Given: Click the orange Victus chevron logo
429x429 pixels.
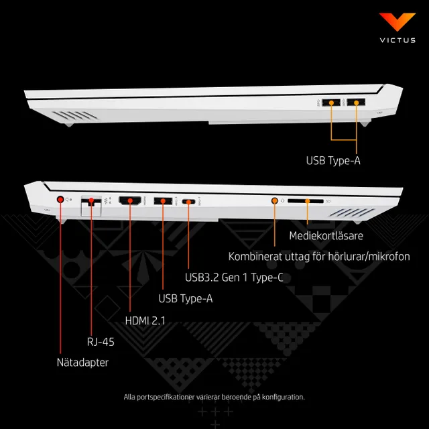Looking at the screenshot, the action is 397,21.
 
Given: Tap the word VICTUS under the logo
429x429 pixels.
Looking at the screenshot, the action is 397,40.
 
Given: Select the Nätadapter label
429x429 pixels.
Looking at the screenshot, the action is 82,362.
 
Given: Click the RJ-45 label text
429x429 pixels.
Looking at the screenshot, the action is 101,342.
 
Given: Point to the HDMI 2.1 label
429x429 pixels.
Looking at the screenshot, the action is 145,320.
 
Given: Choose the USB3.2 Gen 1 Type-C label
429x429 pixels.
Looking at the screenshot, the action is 234,278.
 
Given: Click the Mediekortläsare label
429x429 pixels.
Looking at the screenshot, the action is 326,235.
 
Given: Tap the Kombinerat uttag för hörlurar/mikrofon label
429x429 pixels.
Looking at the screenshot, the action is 319,257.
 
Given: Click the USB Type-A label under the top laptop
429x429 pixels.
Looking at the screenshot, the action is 333,161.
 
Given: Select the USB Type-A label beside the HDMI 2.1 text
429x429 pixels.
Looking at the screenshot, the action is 186,298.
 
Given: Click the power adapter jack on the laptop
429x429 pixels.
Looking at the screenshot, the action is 60,200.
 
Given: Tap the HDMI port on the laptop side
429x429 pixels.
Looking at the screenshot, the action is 130,200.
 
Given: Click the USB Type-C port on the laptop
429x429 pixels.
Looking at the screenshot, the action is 188,202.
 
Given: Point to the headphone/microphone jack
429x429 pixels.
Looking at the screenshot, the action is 274,201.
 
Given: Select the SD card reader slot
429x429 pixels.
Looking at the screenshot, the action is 306,201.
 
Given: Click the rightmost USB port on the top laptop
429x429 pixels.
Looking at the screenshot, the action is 356,103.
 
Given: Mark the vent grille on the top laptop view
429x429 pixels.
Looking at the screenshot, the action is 75,115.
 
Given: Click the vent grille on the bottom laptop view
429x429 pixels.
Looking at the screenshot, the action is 352,212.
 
